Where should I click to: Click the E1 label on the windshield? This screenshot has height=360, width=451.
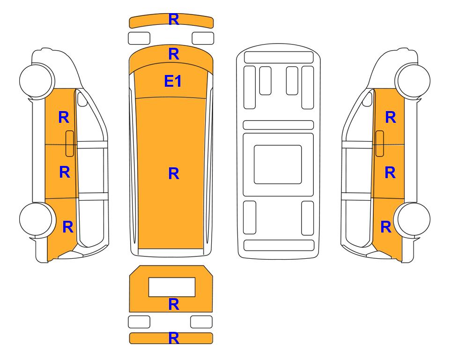[x=173, y=81]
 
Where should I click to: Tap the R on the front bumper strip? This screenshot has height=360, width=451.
[x=174, y=19]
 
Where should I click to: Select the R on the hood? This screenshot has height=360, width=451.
[x=174, y=54]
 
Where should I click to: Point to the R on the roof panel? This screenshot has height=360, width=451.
[x=174, y=173]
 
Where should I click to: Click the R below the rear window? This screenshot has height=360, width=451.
[x=174, y=304]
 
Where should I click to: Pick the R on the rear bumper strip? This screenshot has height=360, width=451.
[x=174, y=338]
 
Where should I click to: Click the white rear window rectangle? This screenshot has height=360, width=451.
[x=172, y=287]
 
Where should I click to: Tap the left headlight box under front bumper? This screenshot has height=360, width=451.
[x=139, y=38]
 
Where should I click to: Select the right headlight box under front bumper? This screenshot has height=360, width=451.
[x=203, y=38]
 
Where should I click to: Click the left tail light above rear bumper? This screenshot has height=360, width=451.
[x=139, y=322]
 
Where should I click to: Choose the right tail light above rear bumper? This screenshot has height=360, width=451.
[x=201, y=322]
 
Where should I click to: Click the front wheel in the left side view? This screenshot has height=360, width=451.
[x=37, y=80]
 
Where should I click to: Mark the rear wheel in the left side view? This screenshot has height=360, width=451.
[x=37, y=219]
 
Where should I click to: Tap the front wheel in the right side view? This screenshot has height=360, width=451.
[x=413, y=80]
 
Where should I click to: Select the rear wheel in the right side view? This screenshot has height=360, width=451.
[x=413, y=219]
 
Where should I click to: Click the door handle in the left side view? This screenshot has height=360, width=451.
[x=70, y=143]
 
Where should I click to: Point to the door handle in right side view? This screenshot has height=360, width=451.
[x=380, y=143]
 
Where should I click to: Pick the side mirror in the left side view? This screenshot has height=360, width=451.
[x=82, y=99]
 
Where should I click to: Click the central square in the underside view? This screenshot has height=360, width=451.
[x=278, y=165]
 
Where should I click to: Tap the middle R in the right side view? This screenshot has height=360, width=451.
[x=390, y=172]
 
